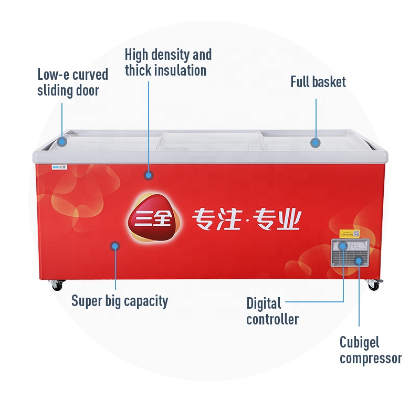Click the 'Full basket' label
coord(318,82)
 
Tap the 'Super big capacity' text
coord(120,301)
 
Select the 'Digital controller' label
coord(272,311)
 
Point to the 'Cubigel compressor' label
coord(371,350)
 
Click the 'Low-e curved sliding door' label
coord(72,82)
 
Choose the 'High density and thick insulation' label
coord(168,62)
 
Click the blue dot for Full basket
coord(315,142)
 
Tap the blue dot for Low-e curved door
coord(62,141)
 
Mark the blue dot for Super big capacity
coord(114,245)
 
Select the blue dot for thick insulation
coord(149,175)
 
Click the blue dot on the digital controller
coord(342,245)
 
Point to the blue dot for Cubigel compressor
coord(359,260)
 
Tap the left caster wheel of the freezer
coord(56,286)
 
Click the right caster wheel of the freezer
coord(373,285)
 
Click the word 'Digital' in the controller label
coord(264,303)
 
